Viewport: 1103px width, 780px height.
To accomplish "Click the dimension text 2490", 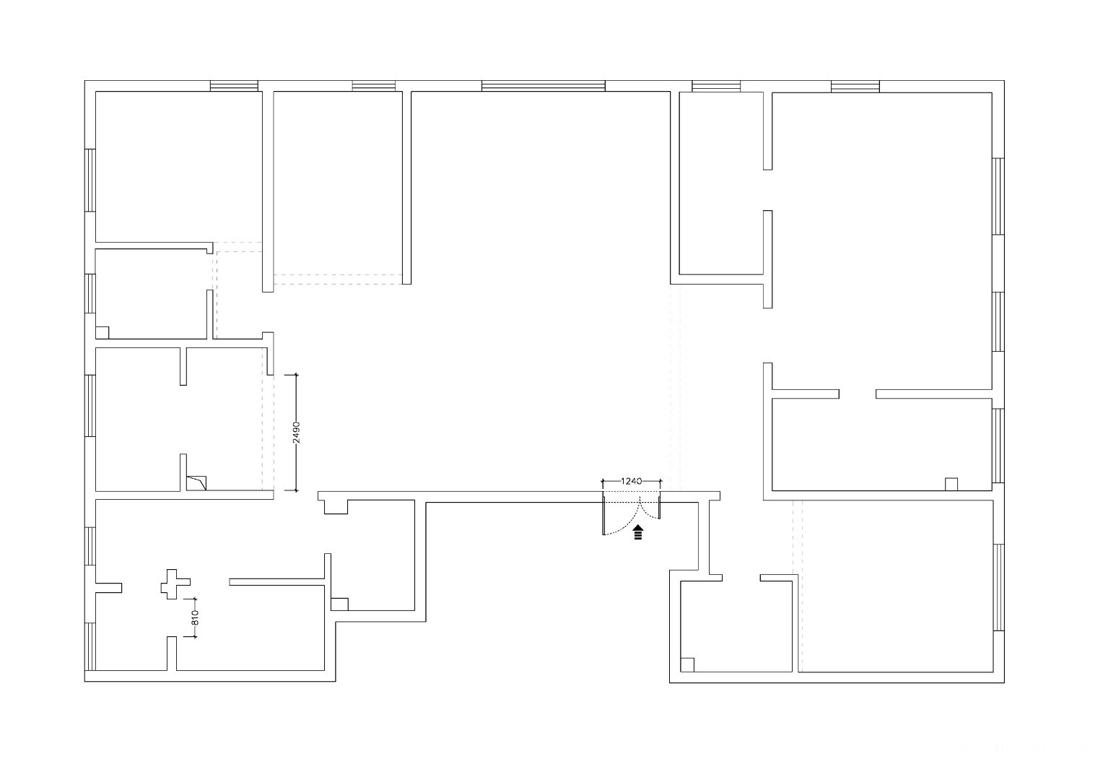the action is point(296,432).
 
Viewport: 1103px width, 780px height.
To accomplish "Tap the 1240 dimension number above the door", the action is point(631,481).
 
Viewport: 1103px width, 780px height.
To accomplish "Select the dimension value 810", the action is point(195,617).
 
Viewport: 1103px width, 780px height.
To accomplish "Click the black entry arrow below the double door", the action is point(638,532).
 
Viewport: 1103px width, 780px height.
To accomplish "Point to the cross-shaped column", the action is point(175,584).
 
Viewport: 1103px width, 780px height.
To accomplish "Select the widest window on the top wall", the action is point(543,86).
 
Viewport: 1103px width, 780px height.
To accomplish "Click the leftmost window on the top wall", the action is point(234,86).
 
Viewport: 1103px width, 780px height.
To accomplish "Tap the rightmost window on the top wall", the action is point(855,87).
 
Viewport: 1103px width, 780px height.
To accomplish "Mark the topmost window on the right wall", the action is point(998,196).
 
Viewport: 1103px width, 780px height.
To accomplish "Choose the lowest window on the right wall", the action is point(998,587).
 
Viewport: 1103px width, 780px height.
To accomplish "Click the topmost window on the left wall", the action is point(90,181).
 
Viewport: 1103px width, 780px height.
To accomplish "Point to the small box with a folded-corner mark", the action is point(196,483).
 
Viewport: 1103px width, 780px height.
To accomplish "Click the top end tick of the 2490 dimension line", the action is point(296,375).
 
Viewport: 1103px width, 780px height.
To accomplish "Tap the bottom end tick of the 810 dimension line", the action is point(195,636).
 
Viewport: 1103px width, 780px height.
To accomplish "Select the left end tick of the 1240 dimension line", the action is point(603,481).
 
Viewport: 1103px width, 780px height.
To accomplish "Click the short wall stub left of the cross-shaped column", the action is point(108,588).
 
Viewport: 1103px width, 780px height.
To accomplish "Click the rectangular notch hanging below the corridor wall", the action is point(336,507).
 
